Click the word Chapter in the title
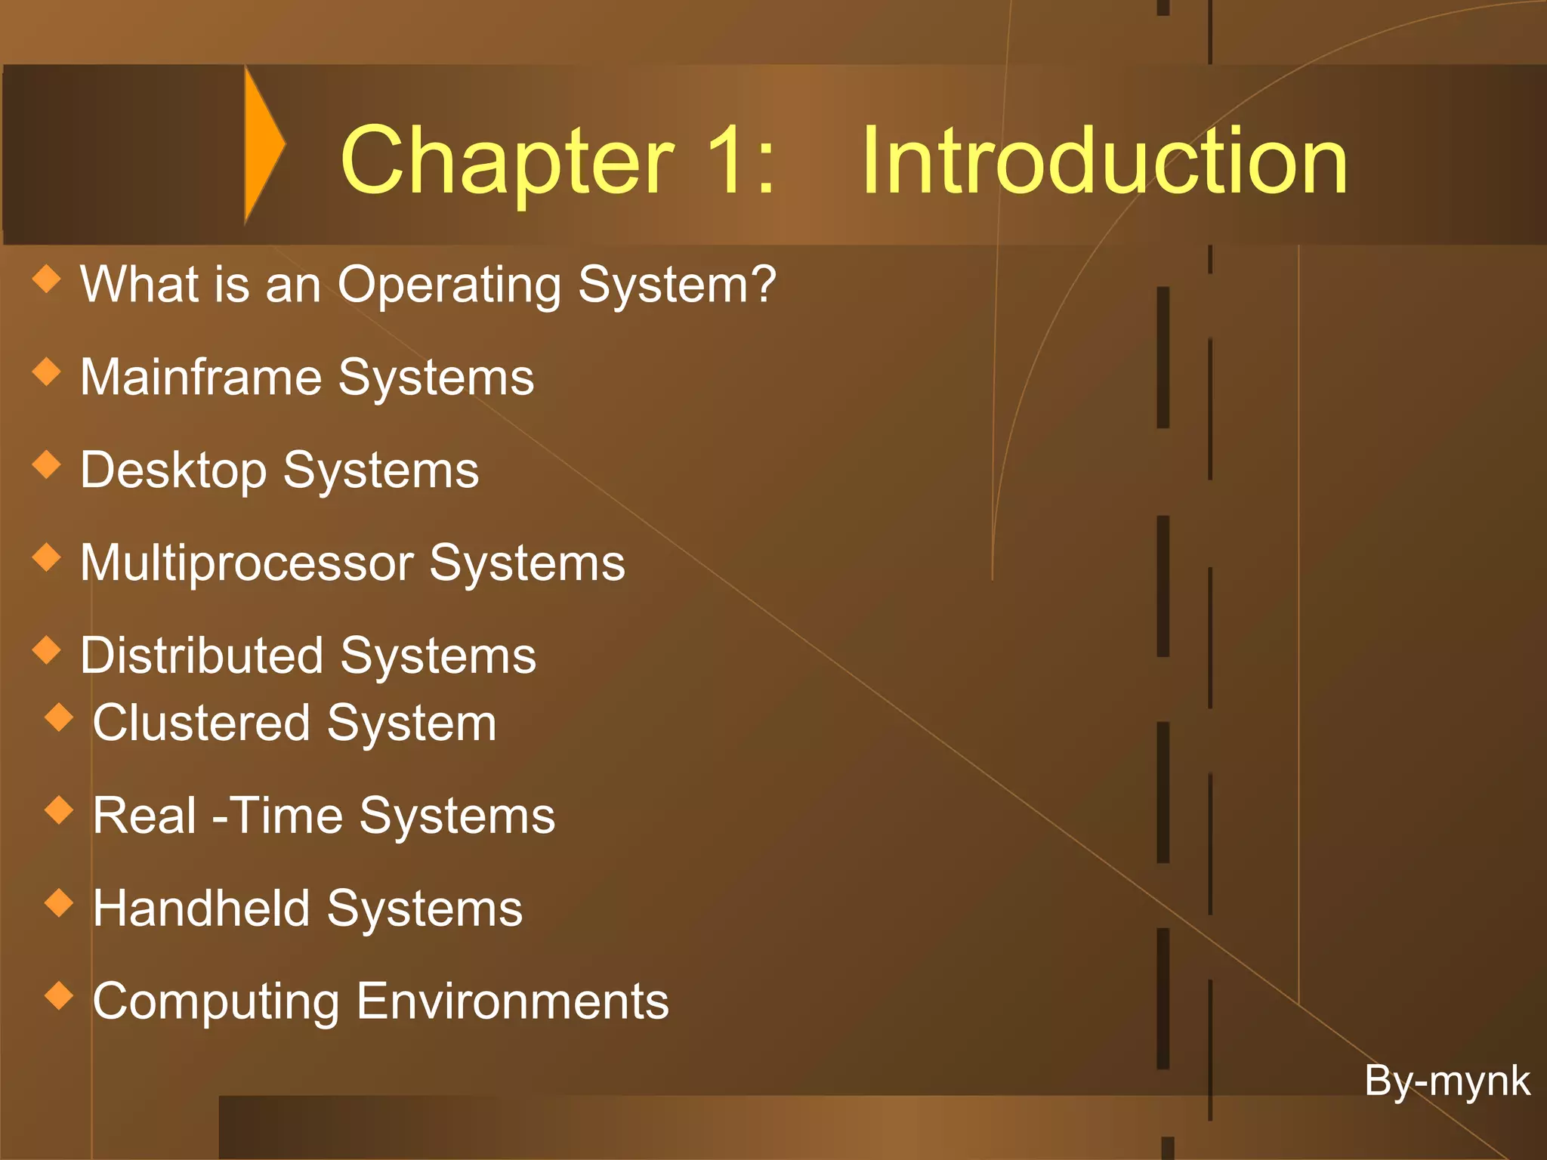click(506, 160)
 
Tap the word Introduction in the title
click(1104, 160)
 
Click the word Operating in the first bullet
click(449, 285)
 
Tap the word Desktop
click(174, 470)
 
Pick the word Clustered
click(201, 723)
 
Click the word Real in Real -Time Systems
click(144, 816)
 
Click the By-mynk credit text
click(1447, 1081)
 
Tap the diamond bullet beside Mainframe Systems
click(47, 372)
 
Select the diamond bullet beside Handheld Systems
click(59, 902)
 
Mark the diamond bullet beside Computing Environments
click(59, 995)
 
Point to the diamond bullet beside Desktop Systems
click(47, 464)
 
